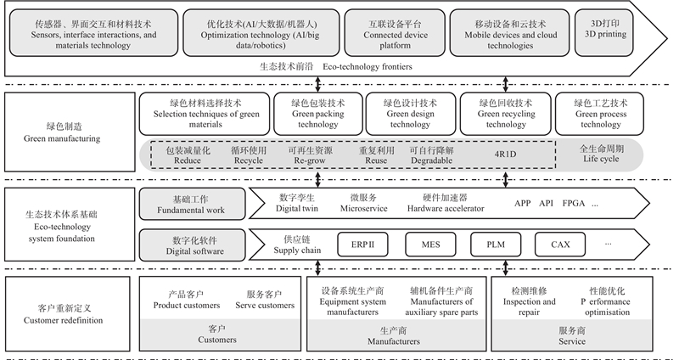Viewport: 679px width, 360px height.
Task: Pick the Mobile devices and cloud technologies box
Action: coord(505,32)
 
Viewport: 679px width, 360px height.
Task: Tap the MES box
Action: coord(430,245)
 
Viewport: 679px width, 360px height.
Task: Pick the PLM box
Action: coord(496,245)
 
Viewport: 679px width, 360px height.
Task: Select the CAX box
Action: coord(560,245)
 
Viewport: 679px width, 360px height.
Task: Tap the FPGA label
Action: coord(575,204)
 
